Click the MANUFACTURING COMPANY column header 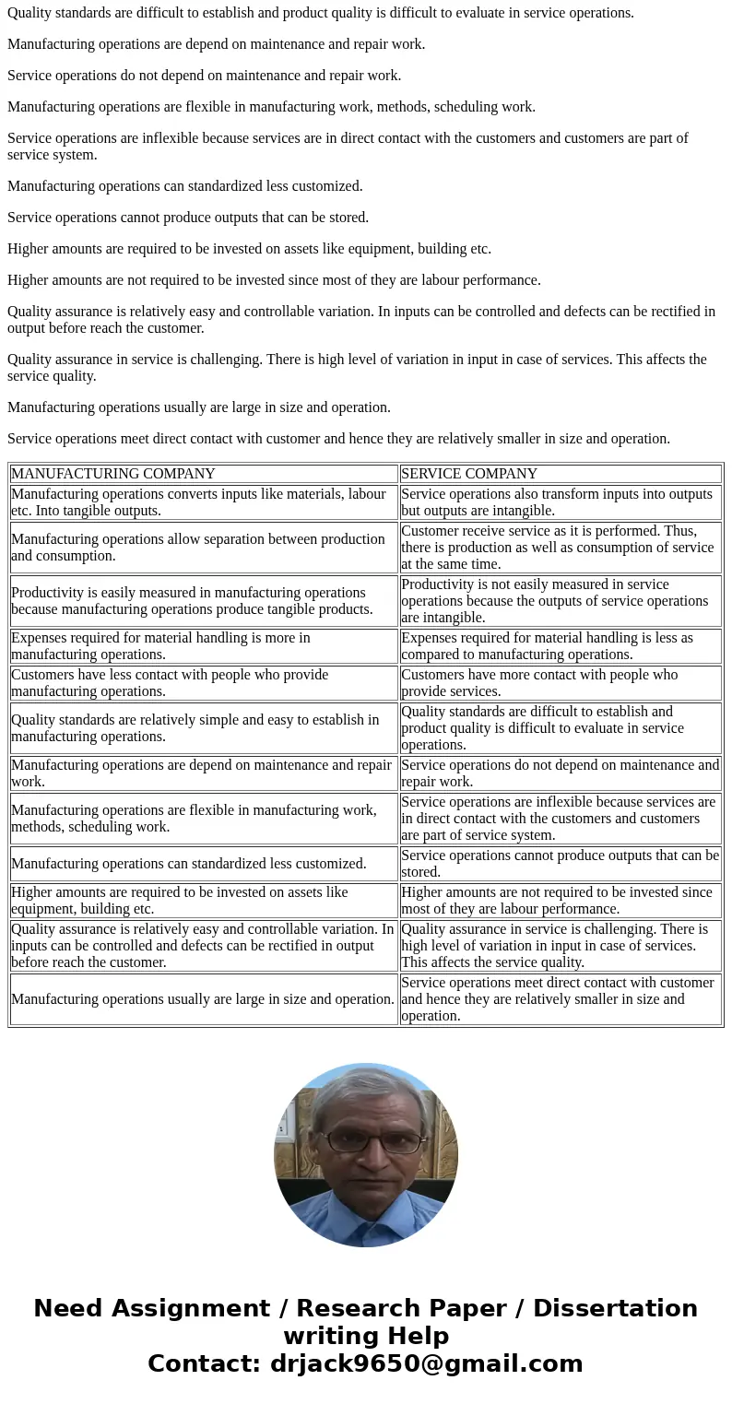[x=112, y=474]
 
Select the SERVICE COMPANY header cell [x=468, y=474]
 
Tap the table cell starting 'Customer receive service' [x=560, y=548]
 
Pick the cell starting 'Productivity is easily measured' [x=203, y=601]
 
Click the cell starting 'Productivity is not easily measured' [x=560, y=601]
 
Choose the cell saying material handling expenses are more [x=203, y=646]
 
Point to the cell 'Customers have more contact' [x=560, y=683]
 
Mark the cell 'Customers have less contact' [x=203, y=683]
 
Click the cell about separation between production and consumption [x=203, y=548]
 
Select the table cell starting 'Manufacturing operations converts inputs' [x=203, y=502]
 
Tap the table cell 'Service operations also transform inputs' [x=560, y=502]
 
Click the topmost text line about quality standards [x=321, y=13]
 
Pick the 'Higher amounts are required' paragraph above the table [x=249, y=249]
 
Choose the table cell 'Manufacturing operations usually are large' [x=203, y=999]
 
